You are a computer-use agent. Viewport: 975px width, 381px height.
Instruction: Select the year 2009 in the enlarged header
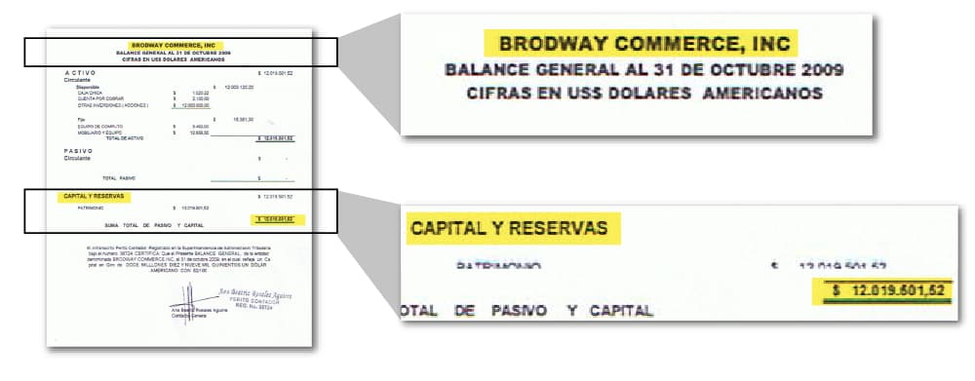816,70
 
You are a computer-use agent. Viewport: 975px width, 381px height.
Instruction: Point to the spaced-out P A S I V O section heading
78,151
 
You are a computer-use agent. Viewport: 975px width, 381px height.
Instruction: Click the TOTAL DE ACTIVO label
126,138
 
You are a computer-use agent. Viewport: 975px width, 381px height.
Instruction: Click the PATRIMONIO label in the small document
91,208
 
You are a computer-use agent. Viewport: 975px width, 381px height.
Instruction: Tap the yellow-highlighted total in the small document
272,219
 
